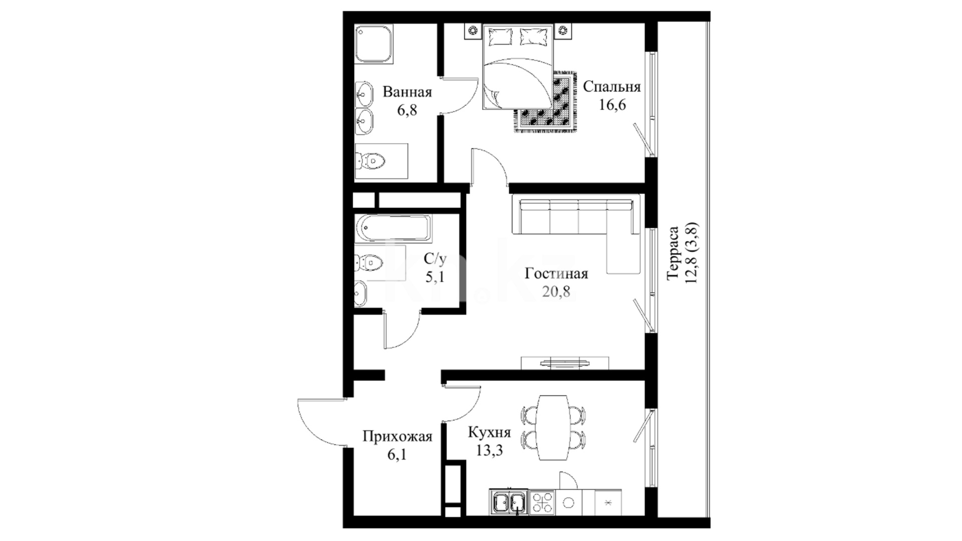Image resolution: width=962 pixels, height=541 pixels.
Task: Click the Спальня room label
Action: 612,87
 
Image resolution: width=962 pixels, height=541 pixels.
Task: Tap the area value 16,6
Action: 612,105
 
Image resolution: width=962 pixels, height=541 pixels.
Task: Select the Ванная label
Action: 407,93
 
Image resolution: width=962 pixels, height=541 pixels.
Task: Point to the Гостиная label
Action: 556,274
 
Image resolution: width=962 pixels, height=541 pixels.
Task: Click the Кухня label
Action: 489,433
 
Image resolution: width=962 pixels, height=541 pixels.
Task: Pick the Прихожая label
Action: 397,437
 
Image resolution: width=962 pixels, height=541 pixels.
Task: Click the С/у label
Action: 435,259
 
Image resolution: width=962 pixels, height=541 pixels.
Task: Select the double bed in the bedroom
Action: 518,67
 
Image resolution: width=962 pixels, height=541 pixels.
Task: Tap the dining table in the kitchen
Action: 553,427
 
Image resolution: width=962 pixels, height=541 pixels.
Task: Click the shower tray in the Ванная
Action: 373,45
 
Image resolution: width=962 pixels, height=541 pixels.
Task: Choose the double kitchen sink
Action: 509,502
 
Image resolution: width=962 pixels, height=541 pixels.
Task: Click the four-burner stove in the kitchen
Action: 542,502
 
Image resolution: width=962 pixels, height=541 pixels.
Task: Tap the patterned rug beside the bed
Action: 546,102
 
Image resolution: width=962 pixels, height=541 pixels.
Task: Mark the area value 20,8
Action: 556,292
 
